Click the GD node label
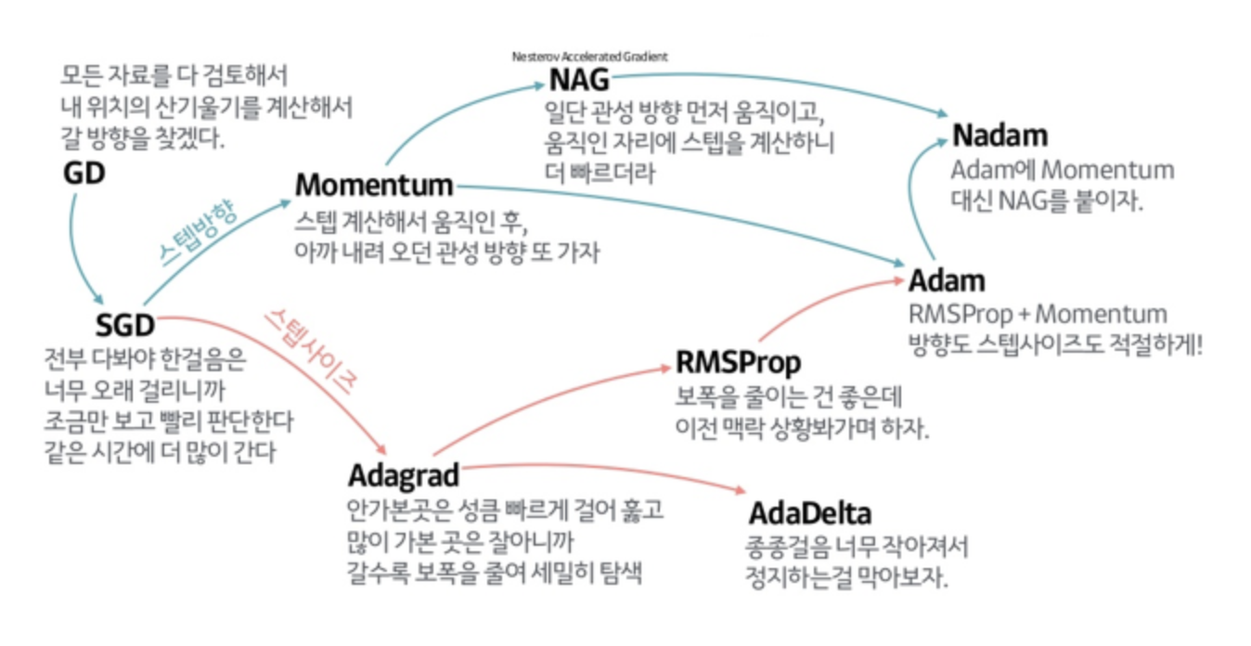84,174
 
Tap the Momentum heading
374,185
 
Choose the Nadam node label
1000,136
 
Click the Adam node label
947,280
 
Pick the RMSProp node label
738,361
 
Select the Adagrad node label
404,475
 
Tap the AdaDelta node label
810,512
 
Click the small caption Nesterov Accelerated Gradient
589,57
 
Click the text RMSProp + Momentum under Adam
1038,314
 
